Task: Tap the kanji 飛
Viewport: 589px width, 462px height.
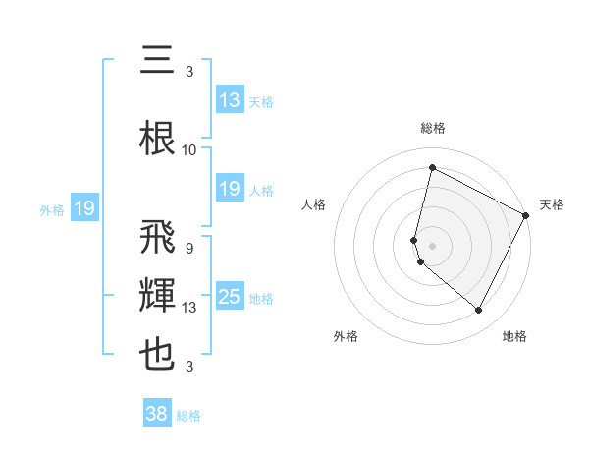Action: [157, 240]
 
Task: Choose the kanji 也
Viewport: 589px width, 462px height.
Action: [157, 355]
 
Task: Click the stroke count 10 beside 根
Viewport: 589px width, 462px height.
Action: [189, 150]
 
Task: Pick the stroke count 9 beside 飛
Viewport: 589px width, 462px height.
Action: [188, 249]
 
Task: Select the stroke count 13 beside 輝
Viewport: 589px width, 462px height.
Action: [189, 308]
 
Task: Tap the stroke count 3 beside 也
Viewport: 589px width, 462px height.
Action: [188, 367]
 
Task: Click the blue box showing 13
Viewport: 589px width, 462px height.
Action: [230, 100]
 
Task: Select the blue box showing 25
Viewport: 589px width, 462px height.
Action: [230, 297]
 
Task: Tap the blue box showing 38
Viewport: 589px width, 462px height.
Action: [157, 414]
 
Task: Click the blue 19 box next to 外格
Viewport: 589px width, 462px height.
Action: [84, 208]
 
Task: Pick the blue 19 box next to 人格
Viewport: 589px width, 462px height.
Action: [230, 189]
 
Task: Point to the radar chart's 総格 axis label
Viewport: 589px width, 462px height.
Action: [433, 128]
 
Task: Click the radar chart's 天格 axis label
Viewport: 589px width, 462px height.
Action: [552, 204]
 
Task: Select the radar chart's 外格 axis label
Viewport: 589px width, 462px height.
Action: [346, 336]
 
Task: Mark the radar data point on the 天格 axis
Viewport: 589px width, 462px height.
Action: [526, 215]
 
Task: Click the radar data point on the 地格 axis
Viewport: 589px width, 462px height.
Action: [479, 311]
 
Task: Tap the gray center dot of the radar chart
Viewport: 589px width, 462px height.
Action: [433, 245]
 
